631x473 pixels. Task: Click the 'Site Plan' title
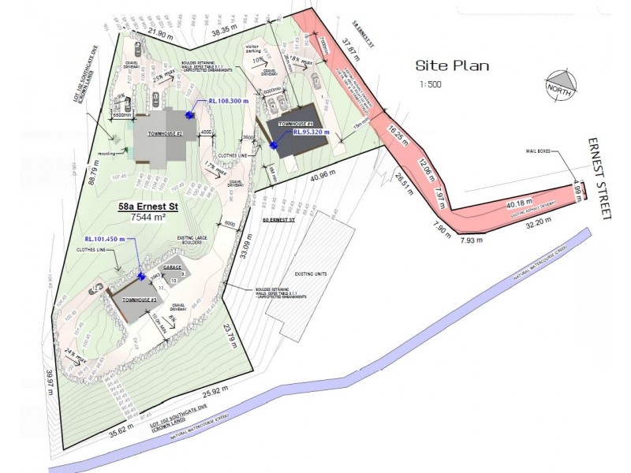tap(452, 66)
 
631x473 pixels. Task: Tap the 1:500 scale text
tap(432, 84)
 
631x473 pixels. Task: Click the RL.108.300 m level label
tap(229, 102)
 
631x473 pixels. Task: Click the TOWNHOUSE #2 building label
tap(160, 134)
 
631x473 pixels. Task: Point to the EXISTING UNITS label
tap(312, 274)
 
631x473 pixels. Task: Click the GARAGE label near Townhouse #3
tap(173, 267)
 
